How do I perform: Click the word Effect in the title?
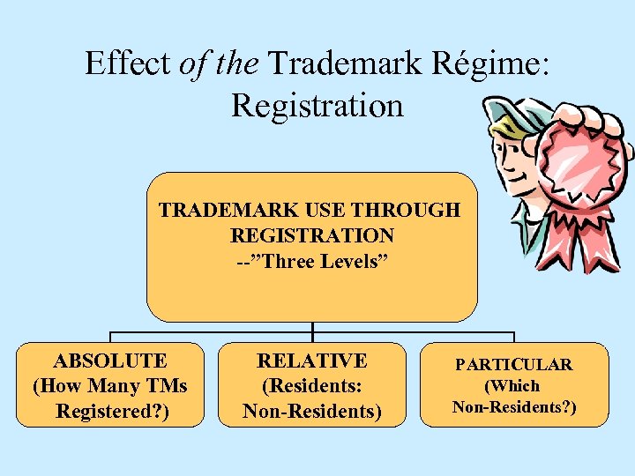point(129,63)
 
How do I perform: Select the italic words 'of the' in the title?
point(220,63)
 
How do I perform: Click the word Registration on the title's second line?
point(317,105)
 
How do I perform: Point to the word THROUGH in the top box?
point(414,210)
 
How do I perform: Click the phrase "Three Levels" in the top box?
point(321,261)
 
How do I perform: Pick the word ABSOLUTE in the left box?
point(110,361)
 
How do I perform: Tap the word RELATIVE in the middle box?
point(312,361)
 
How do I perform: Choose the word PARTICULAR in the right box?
point(514,364)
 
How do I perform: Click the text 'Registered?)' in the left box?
point(110,411)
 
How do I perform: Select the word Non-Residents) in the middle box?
point(312,411)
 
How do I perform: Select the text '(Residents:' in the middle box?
point(312,386)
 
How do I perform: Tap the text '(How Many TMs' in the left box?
point(110,386)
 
